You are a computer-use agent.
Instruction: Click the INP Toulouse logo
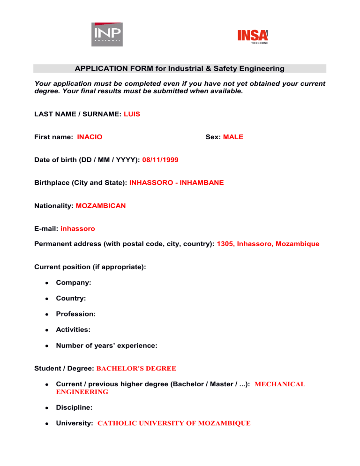[x=106, y=34]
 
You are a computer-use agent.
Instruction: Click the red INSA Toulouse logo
[x=253, y=36]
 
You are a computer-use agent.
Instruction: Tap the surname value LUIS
[x=132, y=114]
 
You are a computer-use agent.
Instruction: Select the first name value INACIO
[x=90, y=137]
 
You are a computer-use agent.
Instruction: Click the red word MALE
[x=233, y=137]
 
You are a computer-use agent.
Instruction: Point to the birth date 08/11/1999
[x=160, y=160]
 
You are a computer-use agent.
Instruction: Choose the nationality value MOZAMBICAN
[x=100, y=205]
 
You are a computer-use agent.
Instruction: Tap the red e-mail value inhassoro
[x=78, y=229]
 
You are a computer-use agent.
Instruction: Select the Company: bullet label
[x=73, y=283]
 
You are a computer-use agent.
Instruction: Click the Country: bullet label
[x=71, y=298]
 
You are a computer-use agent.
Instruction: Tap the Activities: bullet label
[x=73, y=330]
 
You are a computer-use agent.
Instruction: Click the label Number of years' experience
[x=106, y=346]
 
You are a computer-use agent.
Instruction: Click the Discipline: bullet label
[x=75, y=407]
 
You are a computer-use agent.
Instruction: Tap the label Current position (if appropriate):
[x=90, y=267]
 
